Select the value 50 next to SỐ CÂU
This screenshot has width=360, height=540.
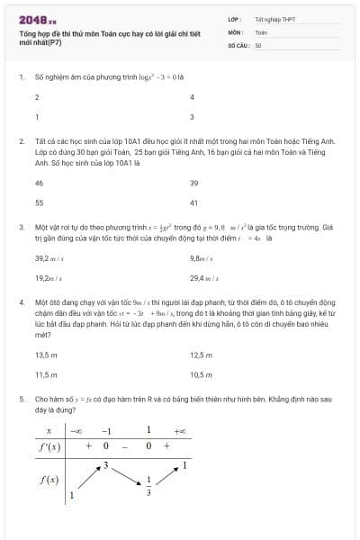coord(258,45)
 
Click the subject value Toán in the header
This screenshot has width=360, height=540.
coord(261,31)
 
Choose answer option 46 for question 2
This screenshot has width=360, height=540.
coord(39,182)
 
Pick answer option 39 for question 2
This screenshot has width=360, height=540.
coord(193,182)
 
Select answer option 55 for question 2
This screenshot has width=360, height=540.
coord(39,202)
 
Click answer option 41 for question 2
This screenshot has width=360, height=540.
coord(193,202)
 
